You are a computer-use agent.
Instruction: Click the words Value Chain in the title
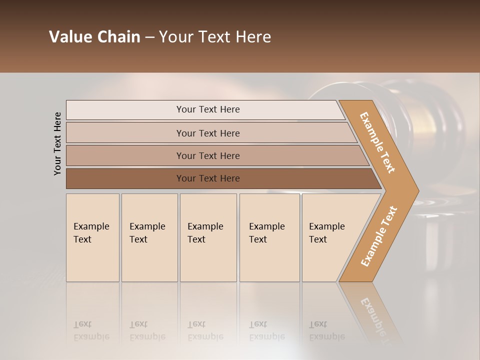pos(94,37)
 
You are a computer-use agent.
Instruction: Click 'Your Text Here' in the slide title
pos(215,37)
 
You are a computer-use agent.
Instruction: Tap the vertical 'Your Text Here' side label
pos(57,143)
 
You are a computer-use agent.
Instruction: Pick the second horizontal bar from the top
pos(208,133)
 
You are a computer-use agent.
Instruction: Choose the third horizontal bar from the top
pos(208,155)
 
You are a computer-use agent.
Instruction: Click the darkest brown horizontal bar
pos(208,178)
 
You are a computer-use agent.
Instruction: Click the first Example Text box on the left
pos(92,237)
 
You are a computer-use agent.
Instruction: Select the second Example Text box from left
pos(149,237)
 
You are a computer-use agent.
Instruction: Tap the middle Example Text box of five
pos(208,237)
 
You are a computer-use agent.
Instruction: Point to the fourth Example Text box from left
pos(269,237)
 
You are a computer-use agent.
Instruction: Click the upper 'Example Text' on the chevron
pos(377,142)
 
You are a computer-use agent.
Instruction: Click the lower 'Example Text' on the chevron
pos(379,236)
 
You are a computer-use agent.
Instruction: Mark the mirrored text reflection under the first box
pos(91,331)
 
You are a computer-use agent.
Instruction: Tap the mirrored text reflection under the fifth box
pos(327,331)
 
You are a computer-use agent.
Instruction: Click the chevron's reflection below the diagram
pos(372,312)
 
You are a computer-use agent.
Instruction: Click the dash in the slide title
pos(149,37)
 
